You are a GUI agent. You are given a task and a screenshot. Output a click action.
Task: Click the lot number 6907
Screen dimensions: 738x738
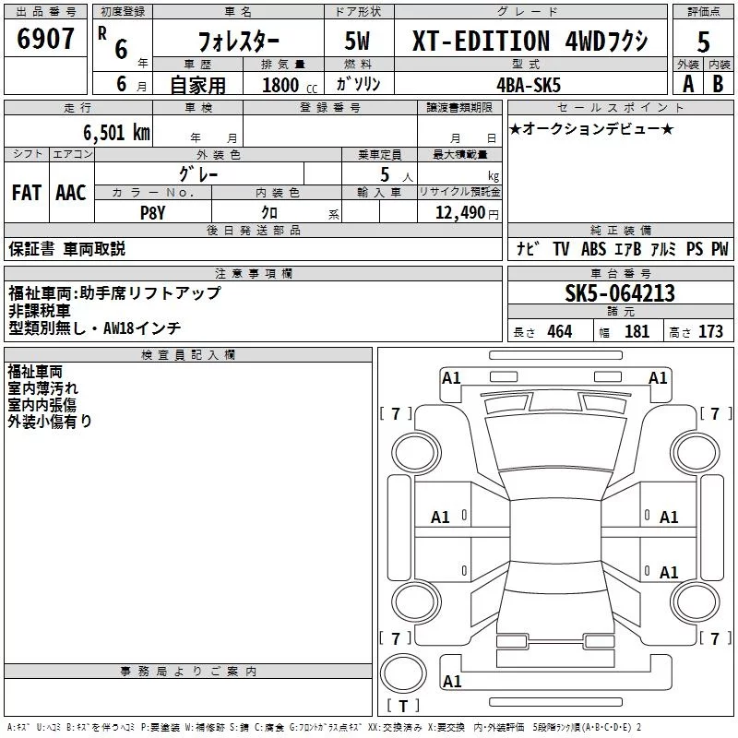(x=45, y=39)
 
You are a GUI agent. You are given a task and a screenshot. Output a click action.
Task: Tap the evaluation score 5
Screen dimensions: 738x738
(x=703, y=42)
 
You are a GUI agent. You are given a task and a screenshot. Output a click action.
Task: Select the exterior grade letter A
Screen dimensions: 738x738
(x=688, y=84)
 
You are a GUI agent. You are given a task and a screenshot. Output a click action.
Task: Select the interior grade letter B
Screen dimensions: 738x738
(x=718, y=84)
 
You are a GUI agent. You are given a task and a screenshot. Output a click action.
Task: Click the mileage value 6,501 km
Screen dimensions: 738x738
(x=116, y=133)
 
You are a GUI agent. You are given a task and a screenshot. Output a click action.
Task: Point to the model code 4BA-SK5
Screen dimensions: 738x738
(x=529, y=85)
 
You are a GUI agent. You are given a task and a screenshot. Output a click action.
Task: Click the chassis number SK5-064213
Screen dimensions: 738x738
(x=620, y=293)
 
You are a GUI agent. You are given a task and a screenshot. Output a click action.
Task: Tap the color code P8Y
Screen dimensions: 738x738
(x=152, y=213)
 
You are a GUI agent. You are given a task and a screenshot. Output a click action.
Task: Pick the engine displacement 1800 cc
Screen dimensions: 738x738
(x=290, y=85)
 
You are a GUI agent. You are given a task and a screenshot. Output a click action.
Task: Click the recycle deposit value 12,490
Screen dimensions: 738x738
(x=459, y=213)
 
